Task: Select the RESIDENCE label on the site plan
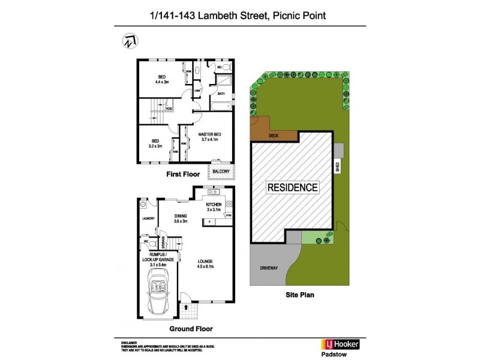(292, 187)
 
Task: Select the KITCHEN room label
(214, 205)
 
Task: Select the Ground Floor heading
(190, 329)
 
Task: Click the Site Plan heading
(300, 295)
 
